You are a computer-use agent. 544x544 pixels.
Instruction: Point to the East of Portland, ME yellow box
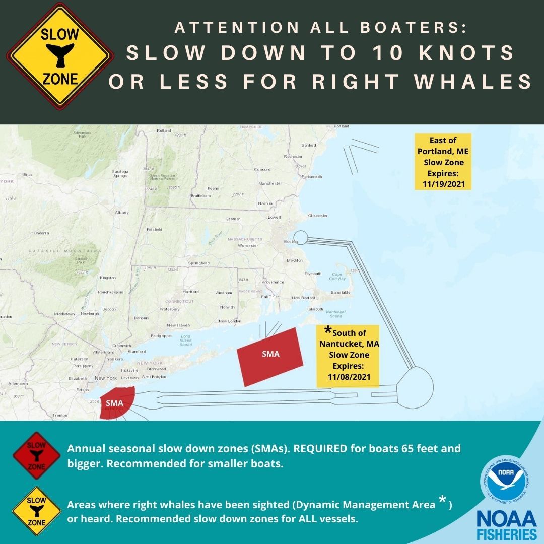click(443, 162)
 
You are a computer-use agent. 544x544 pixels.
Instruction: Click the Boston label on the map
click(291, 242)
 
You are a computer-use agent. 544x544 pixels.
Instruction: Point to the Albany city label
click(122, 213)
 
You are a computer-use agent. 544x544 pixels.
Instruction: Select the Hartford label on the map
click(191, 292)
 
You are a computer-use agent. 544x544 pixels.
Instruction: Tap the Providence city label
click(273, 282)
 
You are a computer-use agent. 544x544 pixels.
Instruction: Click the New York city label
click(106, 378)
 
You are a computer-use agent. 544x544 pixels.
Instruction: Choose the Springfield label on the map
click(198, 263)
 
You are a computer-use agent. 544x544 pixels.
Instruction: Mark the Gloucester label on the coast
click(318, 216)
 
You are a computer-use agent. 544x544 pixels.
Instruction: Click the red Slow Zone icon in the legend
click(36, 455)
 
